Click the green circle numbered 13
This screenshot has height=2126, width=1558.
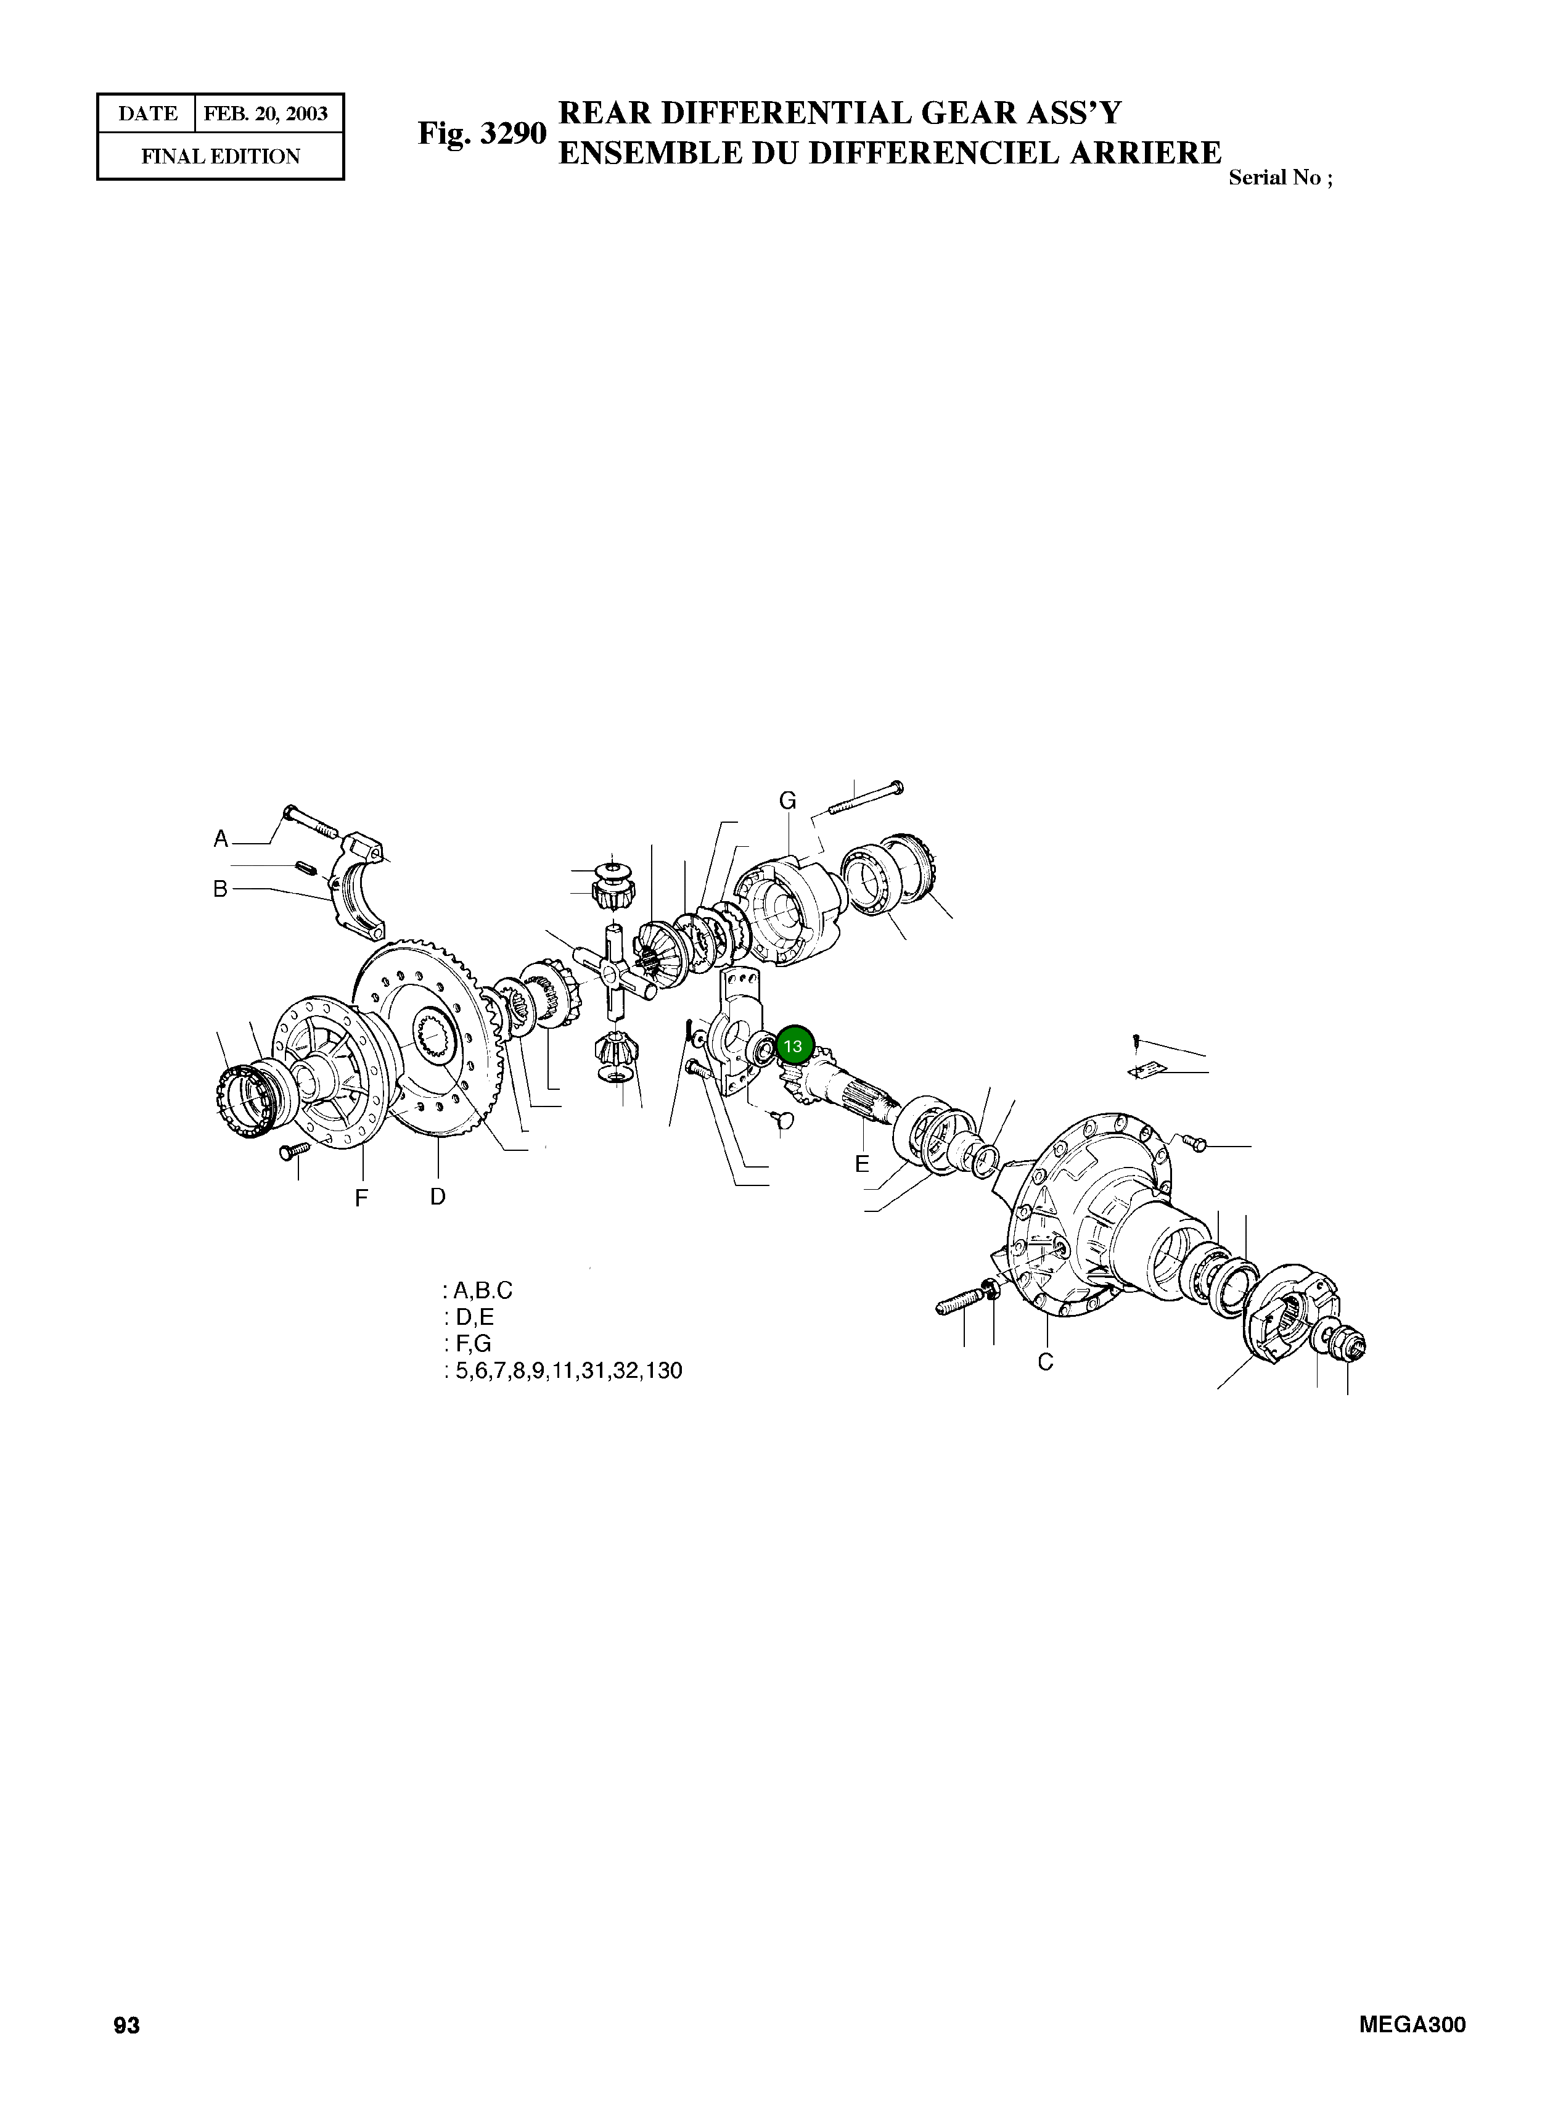click(792, 1046)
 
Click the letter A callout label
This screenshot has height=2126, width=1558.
click(221, 839)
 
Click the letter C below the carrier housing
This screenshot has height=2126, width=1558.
click(1045, 1362)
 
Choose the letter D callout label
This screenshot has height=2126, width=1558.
click(438, 1197)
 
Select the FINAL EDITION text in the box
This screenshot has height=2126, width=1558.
click(221, 157)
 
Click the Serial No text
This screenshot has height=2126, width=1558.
click(1280, 178)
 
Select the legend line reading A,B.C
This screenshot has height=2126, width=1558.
click(478, 1290)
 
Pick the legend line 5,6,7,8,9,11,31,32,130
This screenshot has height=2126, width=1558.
click(563, 1370)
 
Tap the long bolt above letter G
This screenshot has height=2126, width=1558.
click(866, 798)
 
